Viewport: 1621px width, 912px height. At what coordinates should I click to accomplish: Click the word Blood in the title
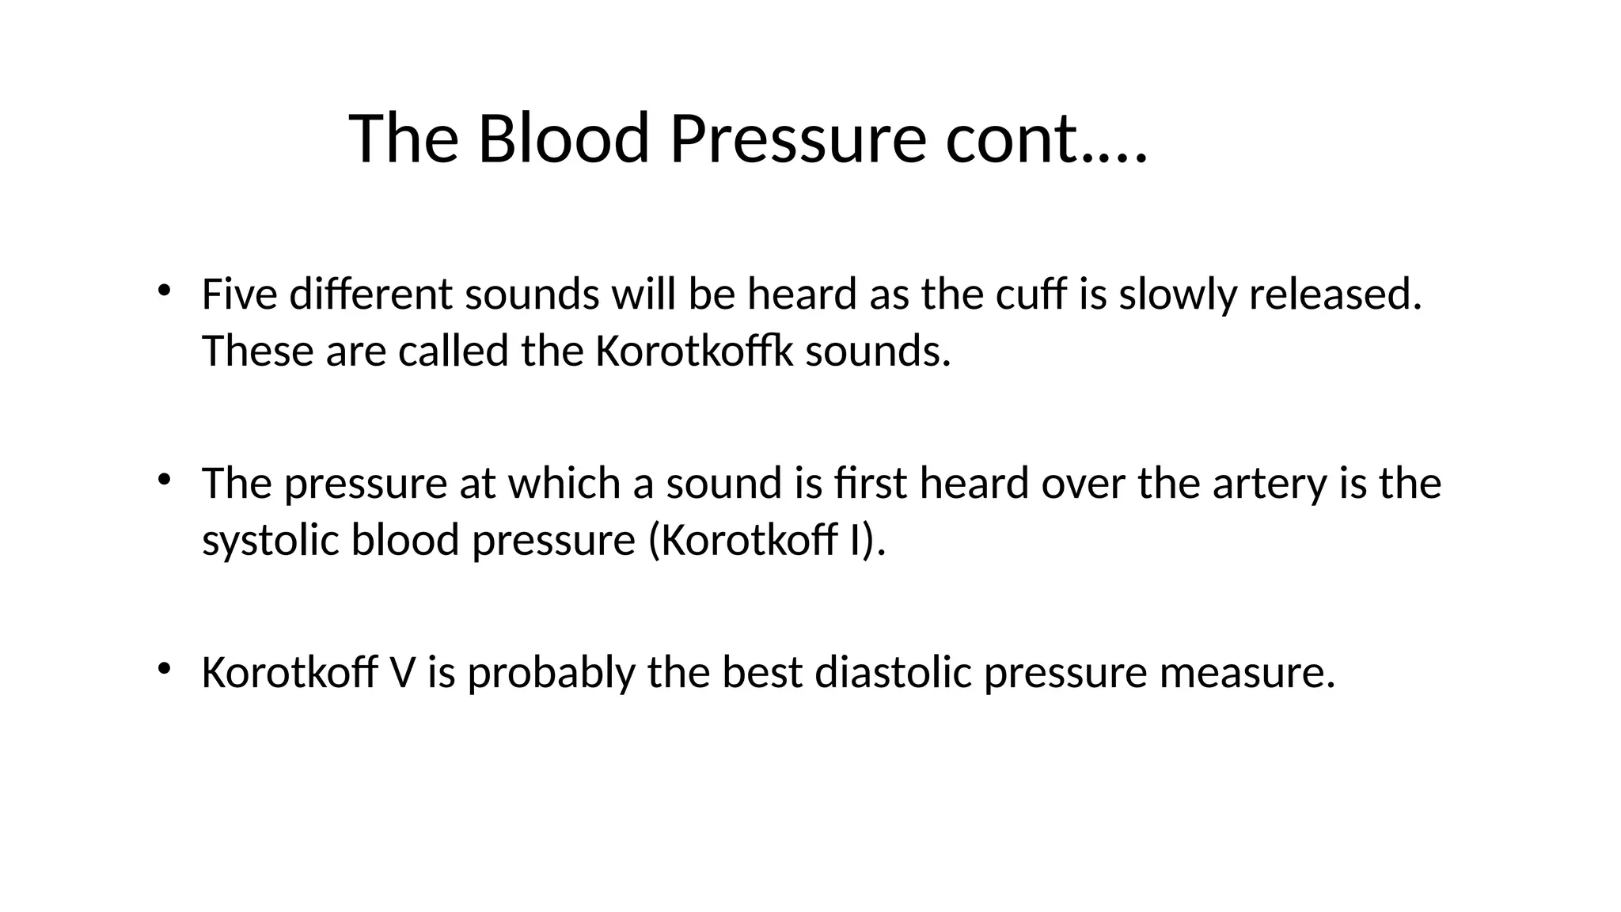pos(564,139)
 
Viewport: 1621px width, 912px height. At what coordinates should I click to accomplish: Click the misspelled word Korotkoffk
pos(693,351)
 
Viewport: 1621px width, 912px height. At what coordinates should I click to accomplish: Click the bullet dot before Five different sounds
pos(163,290)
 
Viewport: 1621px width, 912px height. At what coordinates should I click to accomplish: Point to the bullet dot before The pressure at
pos(163,479)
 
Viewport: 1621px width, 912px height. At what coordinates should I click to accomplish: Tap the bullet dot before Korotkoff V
pos(163,668)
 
